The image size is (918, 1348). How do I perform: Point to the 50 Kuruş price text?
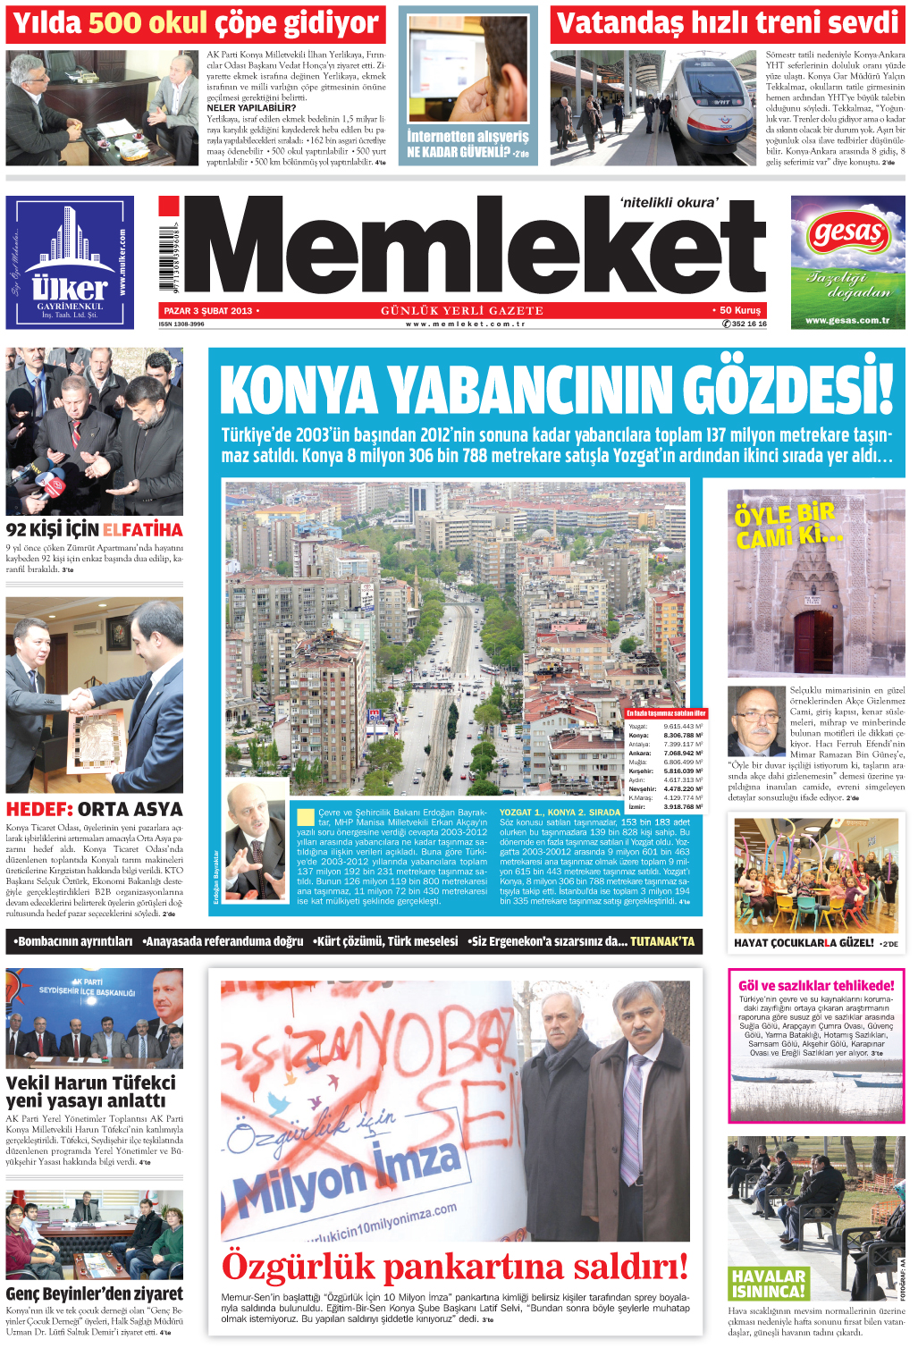[x=740, y=311]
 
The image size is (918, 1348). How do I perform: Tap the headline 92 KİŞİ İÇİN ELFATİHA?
[x=94, y=530]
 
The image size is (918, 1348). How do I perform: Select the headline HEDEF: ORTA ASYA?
[x=94, y=809]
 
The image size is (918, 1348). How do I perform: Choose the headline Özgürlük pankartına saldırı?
[x=455, y=1267]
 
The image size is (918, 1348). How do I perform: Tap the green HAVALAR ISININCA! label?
[x=769, y=1284]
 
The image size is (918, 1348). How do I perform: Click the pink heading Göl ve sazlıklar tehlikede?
[x=816, y=985]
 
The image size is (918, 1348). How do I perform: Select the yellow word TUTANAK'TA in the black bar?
[x=661, y=941]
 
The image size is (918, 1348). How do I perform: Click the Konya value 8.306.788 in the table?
[x=683, y=736]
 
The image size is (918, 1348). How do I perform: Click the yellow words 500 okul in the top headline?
[x=148, y=24]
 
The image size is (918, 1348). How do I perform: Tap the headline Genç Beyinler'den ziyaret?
[x=94, y=1293]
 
